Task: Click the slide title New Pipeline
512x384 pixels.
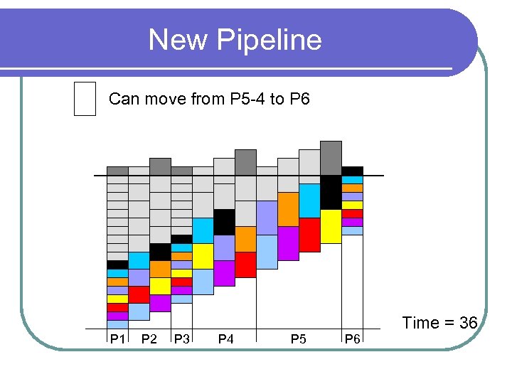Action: [235, 40]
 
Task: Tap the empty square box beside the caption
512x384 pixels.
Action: [85, 98]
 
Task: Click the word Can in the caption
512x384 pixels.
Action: [124, 99]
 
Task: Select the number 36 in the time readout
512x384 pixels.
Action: [468, 323]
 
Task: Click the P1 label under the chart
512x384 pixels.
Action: [117, 339]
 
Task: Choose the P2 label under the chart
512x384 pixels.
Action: [149, 339]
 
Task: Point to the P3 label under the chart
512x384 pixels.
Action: [181, 339]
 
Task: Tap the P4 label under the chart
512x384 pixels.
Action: [225, 339]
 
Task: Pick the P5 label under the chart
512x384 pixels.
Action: [299, 339]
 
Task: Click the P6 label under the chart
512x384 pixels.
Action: [352, 339]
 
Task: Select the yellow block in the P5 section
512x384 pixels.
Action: [331, 226]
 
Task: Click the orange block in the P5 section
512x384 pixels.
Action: [288, 209]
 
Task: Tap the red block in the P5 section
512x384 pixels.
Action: [309, 235]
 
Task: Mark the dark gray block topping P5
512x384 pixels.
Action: [331, 157]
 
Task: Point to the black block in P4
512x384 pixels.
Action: [224, 222]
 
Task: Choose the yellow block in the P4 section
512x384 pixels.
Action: [203, 256]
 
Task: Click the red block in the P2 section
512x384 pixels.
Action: [139, 294]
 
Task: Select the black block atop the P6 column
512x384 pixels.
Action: [352, 171]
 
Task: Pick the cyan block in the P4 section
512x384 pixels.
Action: [203, 230]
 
